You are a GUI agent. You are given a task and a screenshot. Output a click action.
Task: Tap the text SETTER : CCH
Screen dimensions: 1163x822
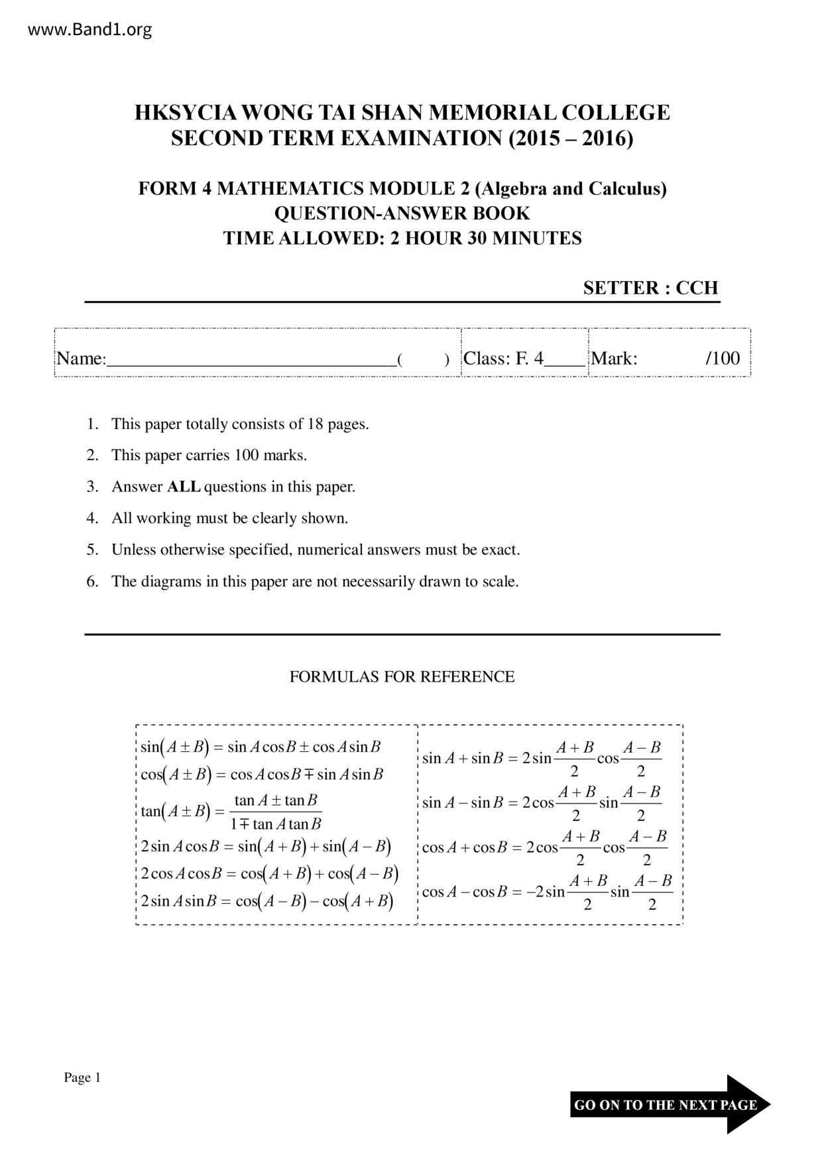pyautogui.click(x=650, y=288)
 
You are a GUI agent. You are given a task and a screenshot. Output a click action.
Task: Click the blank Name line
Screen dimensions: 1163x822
pyautogui.click(x=252, y=359)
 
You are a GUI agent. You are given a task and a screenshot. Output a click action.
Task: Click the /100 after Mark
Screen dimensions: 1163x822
pyautogui.click(x=723, y=359)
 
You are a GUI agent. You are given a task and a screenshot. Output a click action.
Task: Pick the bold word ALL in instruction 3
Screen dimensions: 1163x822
pyautogui.click(x=184, y=487)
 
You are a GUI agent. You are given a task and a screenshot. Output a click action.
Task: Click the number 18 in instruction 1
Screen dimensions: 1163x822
pyautogui.click(x=316, y=424)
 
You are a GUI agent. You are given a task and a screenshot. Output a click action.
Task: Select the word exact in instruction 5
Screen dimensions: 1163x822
pyautogui.click(x=500, y=550)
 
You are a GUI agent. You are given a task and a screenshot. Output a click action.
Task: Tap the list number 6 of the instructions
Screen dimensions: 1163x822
pyautogui.click(x=92, y=581)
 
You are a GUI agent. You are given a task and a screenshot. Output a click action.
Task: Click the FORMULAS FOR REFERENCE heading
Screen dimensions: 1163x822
pyautogui.click(x=402, y=677)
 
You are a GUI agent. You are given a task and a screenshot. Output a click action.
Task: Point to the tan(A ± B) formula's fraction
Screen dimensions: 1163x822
pyautogui.click(x=276, y=812)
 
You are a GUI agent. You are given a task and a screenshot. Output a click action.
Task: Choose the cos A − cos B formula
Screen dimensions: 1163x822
pyautogui.click(x=548, y=892)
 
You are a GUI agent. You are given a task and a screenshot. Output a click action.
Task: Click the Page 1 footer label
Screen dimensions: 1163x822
pyautogui.click(x=82, y=1077)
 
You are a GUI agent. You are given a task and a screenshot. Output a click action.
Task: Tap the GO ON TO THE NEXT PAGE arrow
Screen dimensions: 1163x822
pyautogui.click(x=670, y=1105)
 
